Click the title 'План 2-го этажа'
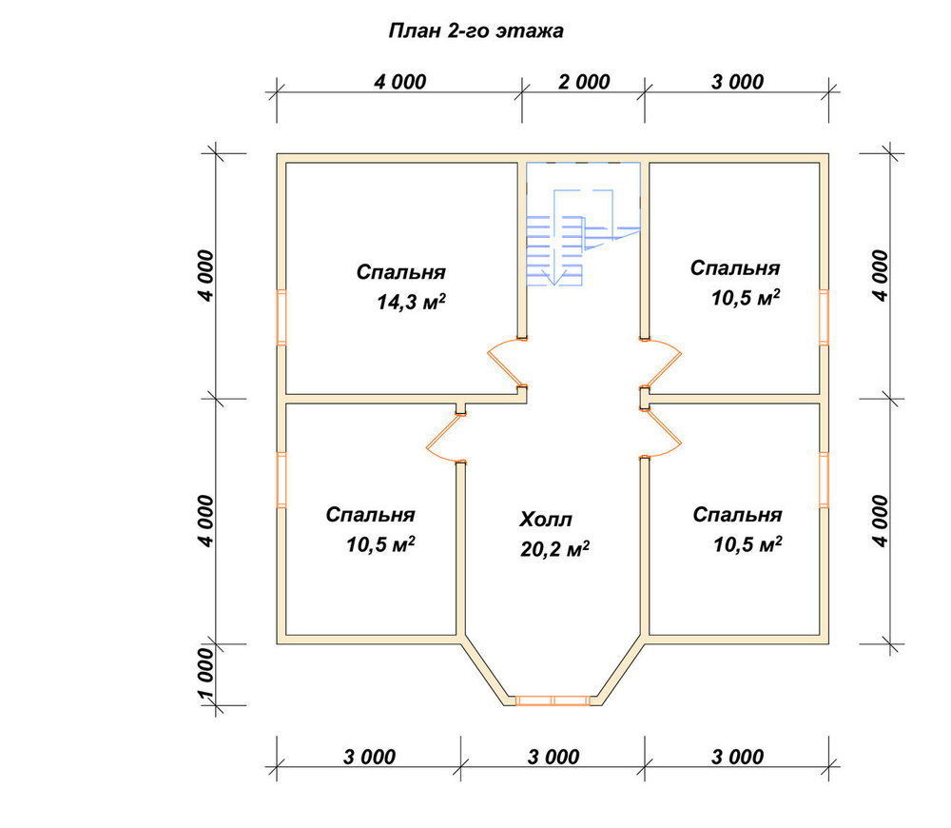click(475, 31)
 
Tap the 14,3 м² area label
click(411, 302)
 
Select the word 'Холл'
click(545, 520)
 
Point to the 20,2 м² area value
click(554, 549)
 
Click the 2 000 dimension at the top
click(584, 82)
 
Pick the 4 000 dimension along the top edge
click(399, 82)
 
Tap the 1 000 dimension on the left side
click(206, 674)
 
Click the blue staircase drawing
click(583, 224)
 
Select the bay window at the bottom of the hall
click(553, 700)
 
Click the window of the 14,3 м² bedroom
click(281, 318)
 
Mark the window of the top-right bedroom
click(824, 318)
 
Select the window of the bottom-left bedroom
click(281, 480)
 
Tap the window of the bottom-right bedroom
click(824, 480)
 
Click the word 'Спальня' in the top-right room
click(734, 268)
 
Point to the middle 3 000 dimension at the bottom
click(553, 757)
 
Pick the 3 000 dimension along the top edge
click(737, 82)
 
